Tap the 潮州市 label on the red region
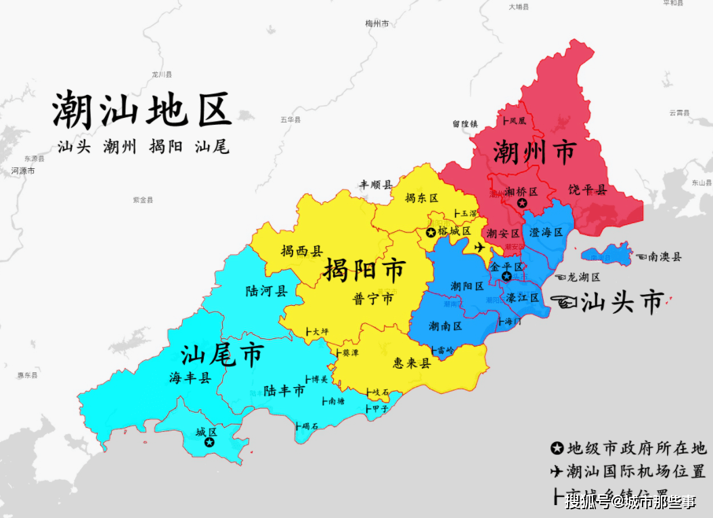[x=534, y=152]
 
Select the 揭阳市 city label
[x=364, y=271]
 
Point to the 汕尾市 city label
[x=222, y=355]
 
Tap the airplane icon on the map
[x=481, y=247]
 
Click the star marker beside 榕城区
[x=431, y=233]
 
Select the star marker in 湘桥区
[x=522, y=203]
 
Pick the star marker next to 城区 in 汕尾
[x=210, y=442]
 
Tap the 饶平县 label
[x=587, y=190]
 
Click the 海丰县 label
[x=190, y=378]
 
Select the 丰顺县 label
[x=375, y=184]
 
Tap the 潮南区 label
[x=445, y=327]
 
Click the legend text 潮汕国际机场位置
[x=636, y=471]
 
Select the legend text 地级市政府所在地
[x=636, y=447]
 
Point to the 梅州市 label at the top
[x=376, y=24]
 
